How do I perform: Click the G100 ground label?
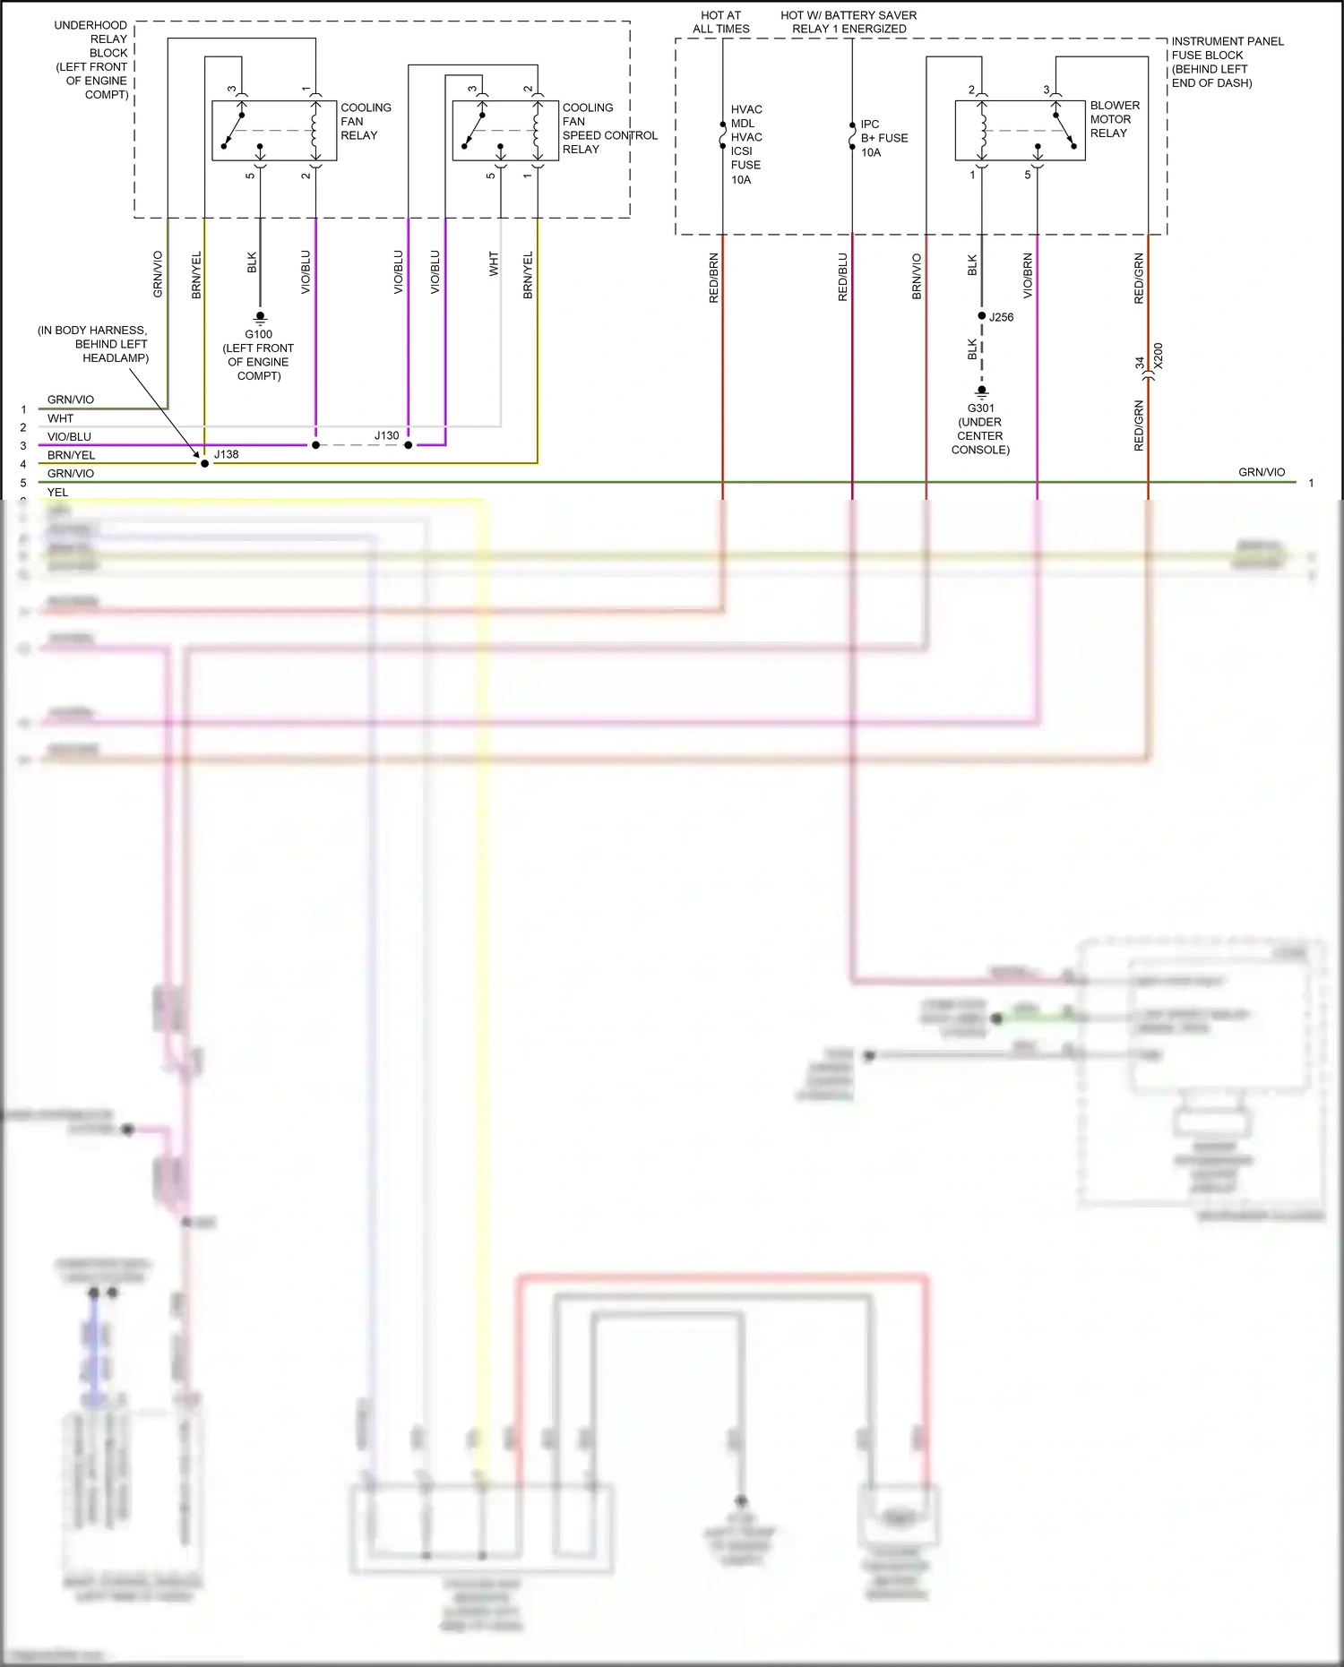(x=259, y=334)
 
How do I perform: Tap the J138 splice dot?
(x=204, y=463)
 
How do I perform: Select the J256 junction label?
(x=1002, y=317)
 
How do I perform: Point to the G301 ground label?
(x=981, y=408)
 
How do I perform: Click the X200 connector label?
(x=1158, y=357)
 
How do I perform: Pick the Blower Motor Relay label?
(x=1114, y=119)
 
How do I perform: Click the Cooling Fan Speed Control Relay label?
(x=608, y=128)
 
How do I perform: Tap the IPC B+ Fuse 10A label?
(x=883, y=138)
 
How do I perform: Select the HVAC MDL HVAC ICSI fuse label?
(x=745, y=144)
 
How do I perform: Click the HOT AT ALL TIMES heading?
(x=720, y=22)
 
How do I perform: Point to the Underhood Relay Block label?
(x=91, y=59)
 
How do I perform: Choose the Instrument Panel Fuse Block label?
(x=1227, y=62)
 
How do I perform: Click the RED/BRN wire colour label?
(x=714, y=278)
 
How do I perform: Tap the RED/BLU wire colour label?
(x=842, y=277)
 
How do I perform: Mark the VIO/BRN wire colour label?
(x=1028, y=276)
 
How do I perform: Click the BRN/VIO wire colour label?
(x=917, y=277)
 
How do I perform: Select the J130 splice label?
(x=386, y=436)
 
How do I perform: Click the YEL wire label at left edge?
(x=57, y=492)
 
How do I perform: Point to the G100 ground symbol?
(x=260, y=317)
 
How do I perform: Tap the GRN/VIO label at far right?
(x=1262, y=472)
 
